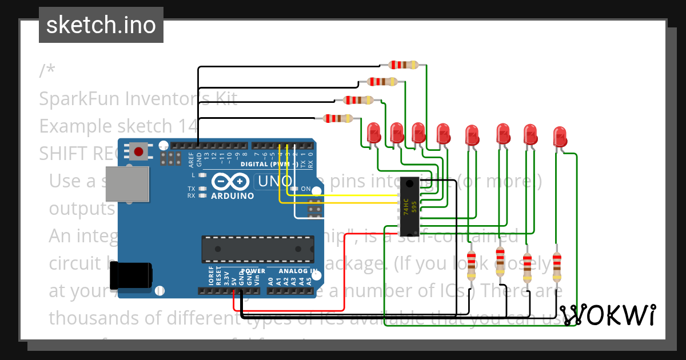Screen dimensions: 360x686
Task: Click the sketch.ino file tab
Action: pos(101,25)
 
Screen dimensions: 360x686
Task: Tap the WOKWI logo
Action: pos(607,315)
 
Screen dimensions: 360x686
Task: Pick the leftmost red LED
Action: pos(374,133)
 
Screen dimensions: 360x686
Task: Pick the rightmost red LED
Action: pos(561,137)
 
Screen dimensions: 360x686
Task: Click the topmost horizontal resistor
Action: pos(404,65)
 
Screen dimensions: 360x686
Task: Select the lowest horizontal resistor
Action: pos(338,118)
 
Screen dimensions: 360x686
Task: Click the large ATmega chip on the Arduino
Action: pos(257,248)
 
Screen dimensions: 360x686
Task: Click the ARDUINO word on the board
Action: pos(233,196)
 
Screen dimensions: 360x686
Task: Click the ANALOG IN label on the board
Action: pos(298,271)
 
